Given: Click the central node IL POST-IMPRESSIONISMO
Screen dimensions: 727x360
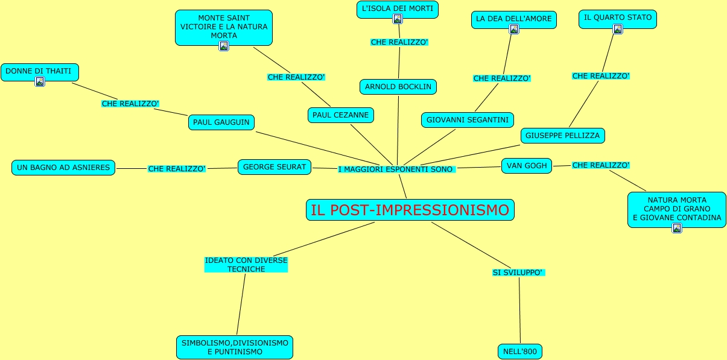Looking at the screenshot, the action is (410, 210).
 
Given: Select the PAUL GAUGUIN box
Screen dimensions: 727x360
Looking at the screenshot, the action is (221, 122).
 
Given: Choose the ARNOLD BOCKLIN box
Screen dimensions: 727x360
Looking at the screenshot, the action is (398, 87).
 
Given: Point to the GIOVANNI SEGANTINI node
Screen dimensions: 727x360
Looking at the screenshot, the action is (468, 120).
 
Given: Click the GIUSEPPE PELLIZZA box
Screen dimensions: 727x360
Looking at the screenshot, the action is (562, 136).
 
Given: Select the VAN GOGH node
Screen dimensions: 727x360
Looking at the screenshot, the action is (527, 165).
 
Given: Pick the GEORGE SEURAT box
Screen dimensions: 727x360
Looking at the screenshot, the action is (275, 167).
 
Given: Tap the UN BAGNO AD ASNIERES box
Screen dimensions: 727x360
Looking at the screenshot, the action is (64, 168).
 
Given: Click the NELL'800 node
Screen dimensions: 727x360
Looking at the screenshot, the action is (520, 352).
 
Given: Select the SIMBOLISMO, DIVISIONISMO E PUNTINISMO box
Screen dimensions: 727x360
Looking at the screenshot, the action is (235, 347).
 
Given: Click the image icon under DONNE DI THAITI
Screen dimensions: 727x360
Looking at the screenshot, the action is (40, 81).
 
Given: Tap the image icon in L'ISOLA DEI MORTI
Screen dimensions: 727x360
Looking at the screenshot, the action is (398, 19).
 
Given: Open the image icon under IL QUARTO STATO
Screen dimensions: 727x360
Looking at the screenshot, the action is (617, 29).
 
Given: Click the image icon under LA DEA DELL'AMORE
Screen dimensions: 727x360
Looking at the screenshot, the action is (514, 29).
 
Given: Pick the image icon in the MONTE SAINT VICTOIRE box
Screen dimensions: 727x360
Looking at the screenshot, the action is (224, 46).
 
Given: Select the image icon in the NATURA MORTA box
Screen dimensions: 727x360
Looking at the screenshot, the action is (677, 228).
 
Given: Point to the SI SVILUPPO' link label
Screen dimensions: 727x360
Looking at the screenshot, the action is (518, 273).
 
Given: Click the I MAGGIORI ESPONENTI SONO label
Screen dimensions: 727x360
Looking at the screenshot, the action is (396, 169).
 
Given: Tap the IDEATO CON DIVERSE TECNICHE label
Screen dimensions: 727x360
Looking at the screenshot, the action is (246, 265).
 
